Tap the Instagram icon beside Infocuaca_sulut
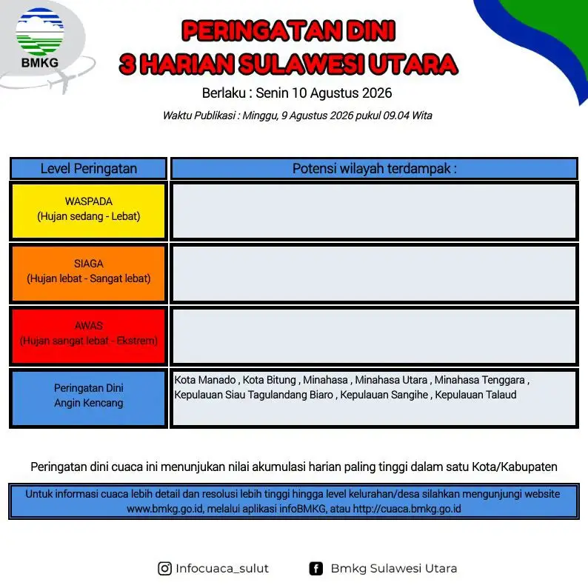(164, 569)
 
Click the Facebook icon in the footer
(316, 569)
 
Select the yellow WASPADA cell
(89, 211)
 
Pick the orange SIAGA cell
(89, 273)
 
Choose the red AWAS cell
(89, 335)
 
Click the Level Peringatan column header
(89, 169)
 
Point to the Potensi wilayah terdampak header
(374, 169)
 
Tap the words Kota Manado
(204, 380)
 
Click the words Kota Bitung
(270, 380)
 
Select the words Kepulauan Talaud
(475, 395)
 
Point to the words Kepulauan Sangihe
(384, 395)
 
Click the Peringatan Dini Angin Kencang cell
(89, 398)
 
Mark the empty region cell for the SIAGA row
(374, 273)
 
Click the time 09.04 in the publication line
(395, 116)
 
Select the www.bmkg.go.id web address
(165, 509)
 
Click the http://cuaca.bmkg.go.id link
(407, 509)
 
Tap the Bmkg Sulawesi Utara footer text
(394, 569)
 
